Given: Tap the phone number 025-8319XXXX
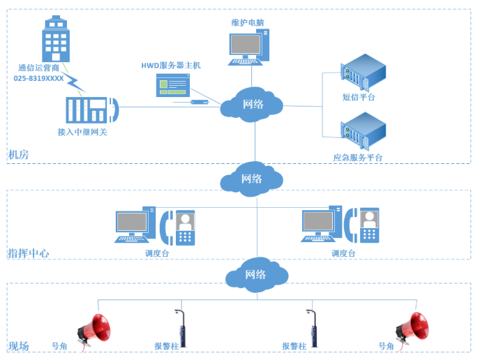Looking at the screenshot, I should tap(39, 79).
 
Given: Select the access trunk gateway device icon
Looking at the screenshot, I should tap(91, 110).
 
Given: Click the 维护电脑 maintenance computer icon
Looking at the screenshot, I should tap(248, 47).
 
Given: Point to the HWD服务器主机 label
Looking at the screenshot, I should tap(171, 65).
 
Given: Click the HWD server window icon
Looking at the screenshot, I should tap(173, 85).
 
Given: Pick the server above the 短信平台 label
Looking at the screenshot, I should tap(364, 72).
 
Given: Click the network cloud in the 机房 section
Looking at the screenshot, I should tap(252, 104).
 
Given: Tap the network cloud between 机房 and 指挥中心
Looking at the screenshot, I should tap(252, 178).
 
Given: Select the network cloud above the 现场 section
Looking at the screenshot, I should tap(255, 274).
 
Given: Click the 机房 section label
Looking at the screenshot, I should tap(19, 154).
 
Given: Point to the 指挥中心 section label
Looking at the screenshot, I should tap(29, 253).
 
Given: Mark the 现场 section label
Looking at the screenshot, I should tap(19, 346).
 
